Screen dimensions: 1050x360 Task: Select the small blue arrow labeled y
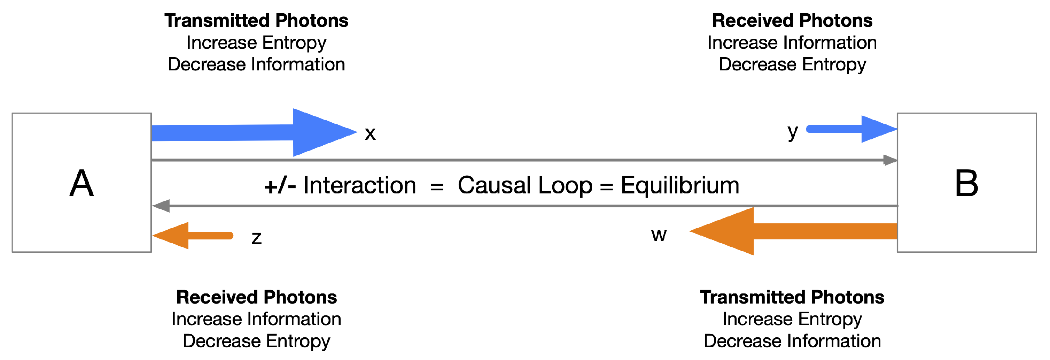point(852,129)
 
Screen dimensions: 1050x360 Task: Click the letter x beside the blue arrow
point(370,134)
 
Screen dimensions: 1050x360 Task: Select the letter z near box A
point(256,238)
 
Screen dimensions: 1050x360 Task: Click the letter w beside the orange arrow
point(659,235)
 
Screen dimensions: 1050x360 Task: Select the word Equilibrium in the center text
point(680,185)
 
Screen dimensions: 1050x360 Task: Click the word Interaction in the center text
point(359,185)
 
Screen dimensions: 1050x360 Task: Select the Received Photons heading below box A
point(256,297)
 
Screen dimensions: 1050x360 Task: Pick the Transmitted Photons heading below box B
point(792,297)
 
